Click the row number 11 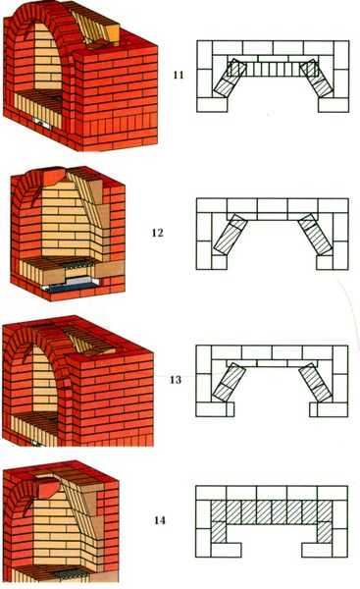(x=179, y=75)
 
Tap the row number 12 (x=158, y=233)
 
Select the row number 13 (x=176, y=380)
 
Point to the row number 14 (x=160, y=520)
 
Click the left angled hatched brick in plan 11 (x=230, y=79)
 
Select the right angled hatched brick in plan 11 (x=317, y=79)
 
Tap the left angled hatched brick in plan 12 (x=231, y=235)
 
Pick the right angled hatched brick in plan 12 (x=315, y=234)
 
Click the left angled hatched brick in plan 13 (x=229, y=382)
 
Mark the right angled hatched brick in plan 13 (x=316, y=382)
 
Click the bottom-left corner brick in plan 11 (x=212, y=105)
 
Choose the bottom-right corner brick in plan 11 (x=334, y=105)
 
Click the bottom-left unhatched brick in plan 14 (x=226, y=550)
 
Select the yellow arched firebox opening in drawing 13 (x=45, y=379)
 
